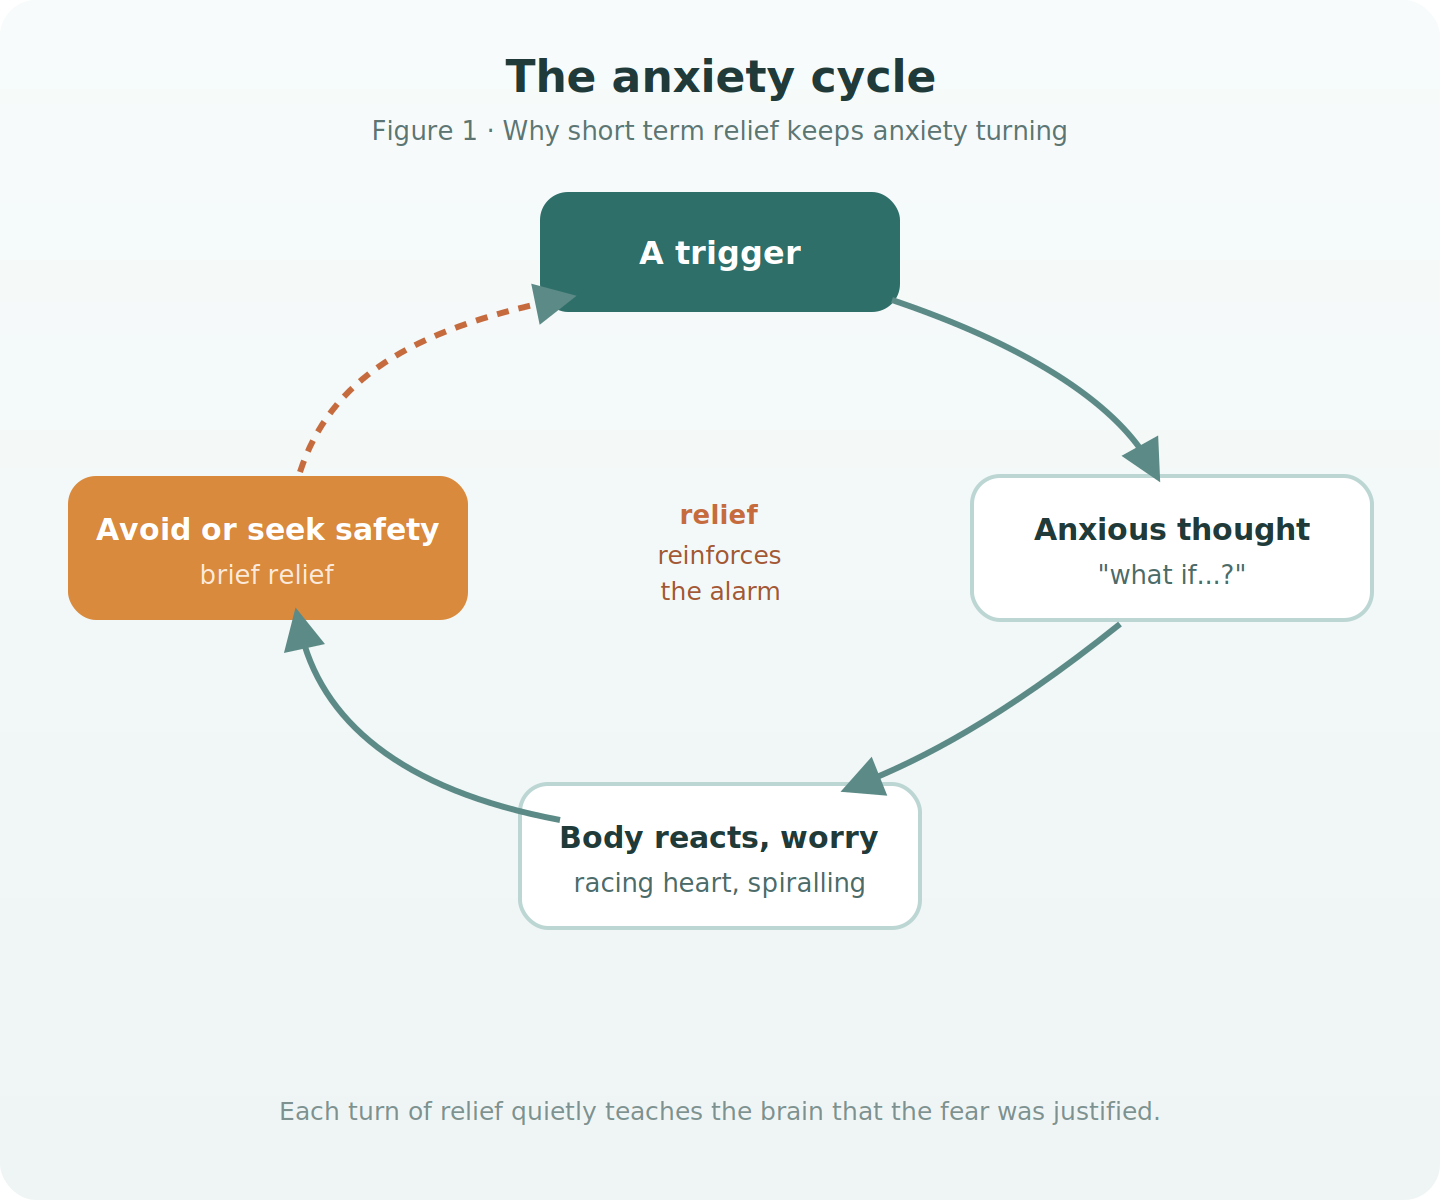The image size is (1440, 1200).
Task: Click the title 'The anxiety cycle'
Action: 720,77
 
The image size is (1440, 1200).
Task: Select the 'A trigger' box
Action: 720,252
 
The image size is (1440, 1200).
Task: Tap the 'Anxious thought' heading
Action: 1172,530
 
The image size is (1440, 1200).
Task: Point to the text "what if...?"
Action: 1172,574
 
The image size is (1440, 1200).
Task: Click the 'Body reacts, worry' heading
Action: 719,838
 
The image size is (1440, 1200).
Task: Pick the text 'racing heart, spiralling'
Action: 719,883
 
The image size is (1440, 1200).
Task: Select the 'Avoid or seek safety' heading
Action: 268,530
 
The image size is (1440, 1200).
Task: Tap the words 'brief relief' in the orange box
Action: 267,574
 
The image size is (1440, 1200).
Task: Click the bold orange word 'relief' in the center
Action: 719,514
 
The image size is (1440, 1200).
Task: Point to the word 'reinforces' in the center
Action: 719,555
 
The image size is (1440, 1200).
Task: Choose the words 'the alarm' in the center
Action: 720,591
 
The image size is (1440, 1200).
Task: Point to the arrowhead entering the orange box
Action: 301,631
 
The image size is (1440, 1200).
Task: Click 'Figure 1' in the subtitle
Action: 424,131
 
